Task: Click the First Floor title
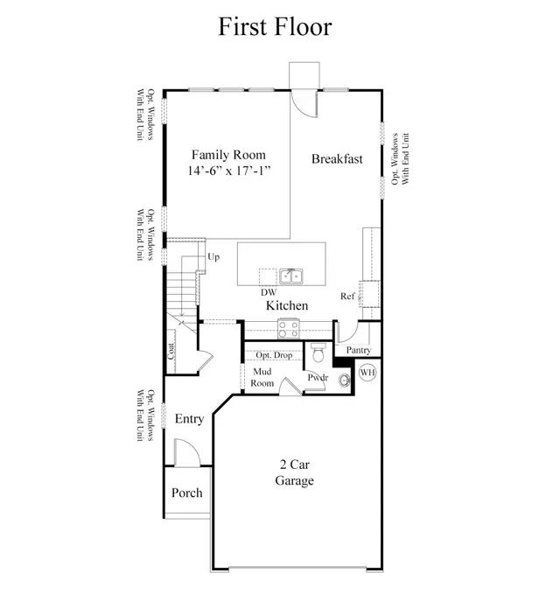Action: tap(275, 26)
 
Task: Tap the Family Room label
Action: tap(228, 155)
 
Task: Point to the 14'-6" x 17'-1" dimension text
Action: tap(229, 171)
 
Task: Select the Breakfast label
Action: tap(337, 159)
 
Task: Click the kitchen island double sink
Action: tap(290, 276)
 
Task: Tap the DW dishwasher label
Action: tap(269, 292)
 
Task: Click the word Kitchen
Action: tap(287, 305)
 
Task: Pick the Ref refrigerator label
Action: tap(347, 296)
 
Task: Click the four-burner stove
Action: tap(289, 329)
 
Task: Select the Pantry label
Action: tap(359, 350)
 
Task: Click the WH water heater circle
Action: tap(367, 372)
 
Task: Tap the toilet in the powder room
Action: tap(318, 353)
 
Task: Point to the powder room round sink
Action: tap(345, 380)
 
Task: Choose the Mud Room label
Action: tap(262, 377)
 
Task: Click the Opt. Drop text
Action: tap(274, 355)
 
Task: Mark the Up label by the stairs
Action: tap(213, 257)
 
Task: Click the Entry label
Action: tap(189, 419)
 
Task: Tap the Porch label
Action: tap(186, 493)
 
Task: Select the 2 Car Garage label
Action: tap(294, 472)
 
